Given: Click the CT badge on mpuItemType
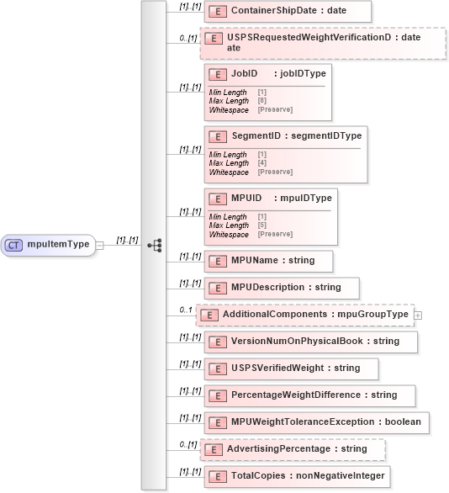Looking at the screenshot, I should (x=14, y=245).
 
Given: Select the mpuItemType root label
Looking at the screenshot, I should (x=58, y=245).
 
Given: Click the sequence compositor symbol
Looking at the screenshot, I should (x=154, y=245).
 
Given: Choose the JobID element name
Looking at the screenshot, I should (x=244, y=74).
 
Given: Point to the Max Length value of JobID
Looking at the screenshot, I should (x=261, y=101).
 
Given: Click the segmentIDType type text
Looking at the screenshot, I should (x=325, y=135).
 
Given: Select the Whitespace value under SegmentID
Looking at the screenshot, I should (x=275, y=172).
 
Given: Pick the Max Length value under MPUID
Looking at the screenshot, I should (x=261, y=225).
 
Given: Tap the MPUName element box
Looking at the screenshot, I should (x=268, y=261).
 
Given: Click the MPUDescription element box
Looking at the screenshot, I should (x=282, y=288).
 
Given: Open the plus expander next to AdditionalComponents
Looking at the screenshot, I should (x=417, y=315).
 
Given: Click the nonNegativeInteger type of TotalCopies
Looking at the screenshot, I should (x=344, y=476).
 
